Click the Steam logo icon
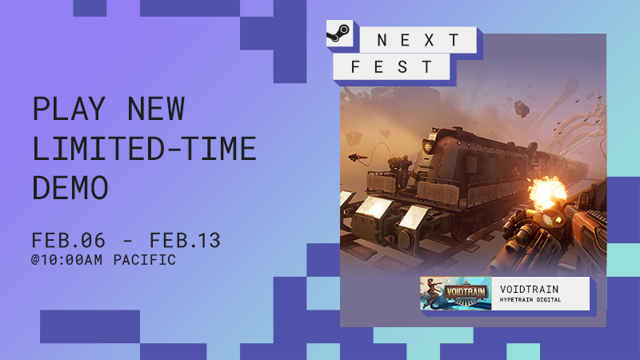click(x=339, y=33)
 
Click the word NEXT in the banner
click(x=418, y=40)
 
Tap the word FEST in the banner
click(x=391, y=66)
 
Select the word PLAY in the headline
click(x=69, y=109)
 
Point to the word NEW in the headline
click(x=156, y=109)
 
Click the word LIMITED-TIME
click(x=144, y=149)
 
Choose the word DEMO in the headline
click(x=70, y=188)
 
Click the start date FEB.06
click(x=68, y=241)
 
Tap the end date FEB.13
click(x=185, y=241)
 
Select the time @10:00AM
click(x=66, y=260)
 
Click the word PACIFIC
click(x=145, y=260)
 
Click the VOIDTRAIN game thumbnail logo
click(x=456, y=294)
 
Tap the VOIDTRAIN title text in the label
click(x=530, y=290)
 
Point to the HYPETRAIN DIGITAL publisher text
click(x=530, y=300)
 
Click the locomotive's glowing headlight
click(x=428, y=146)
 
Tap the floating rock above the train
click(x=522, y=109)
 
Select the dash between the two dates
click(x=127, y=242)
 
